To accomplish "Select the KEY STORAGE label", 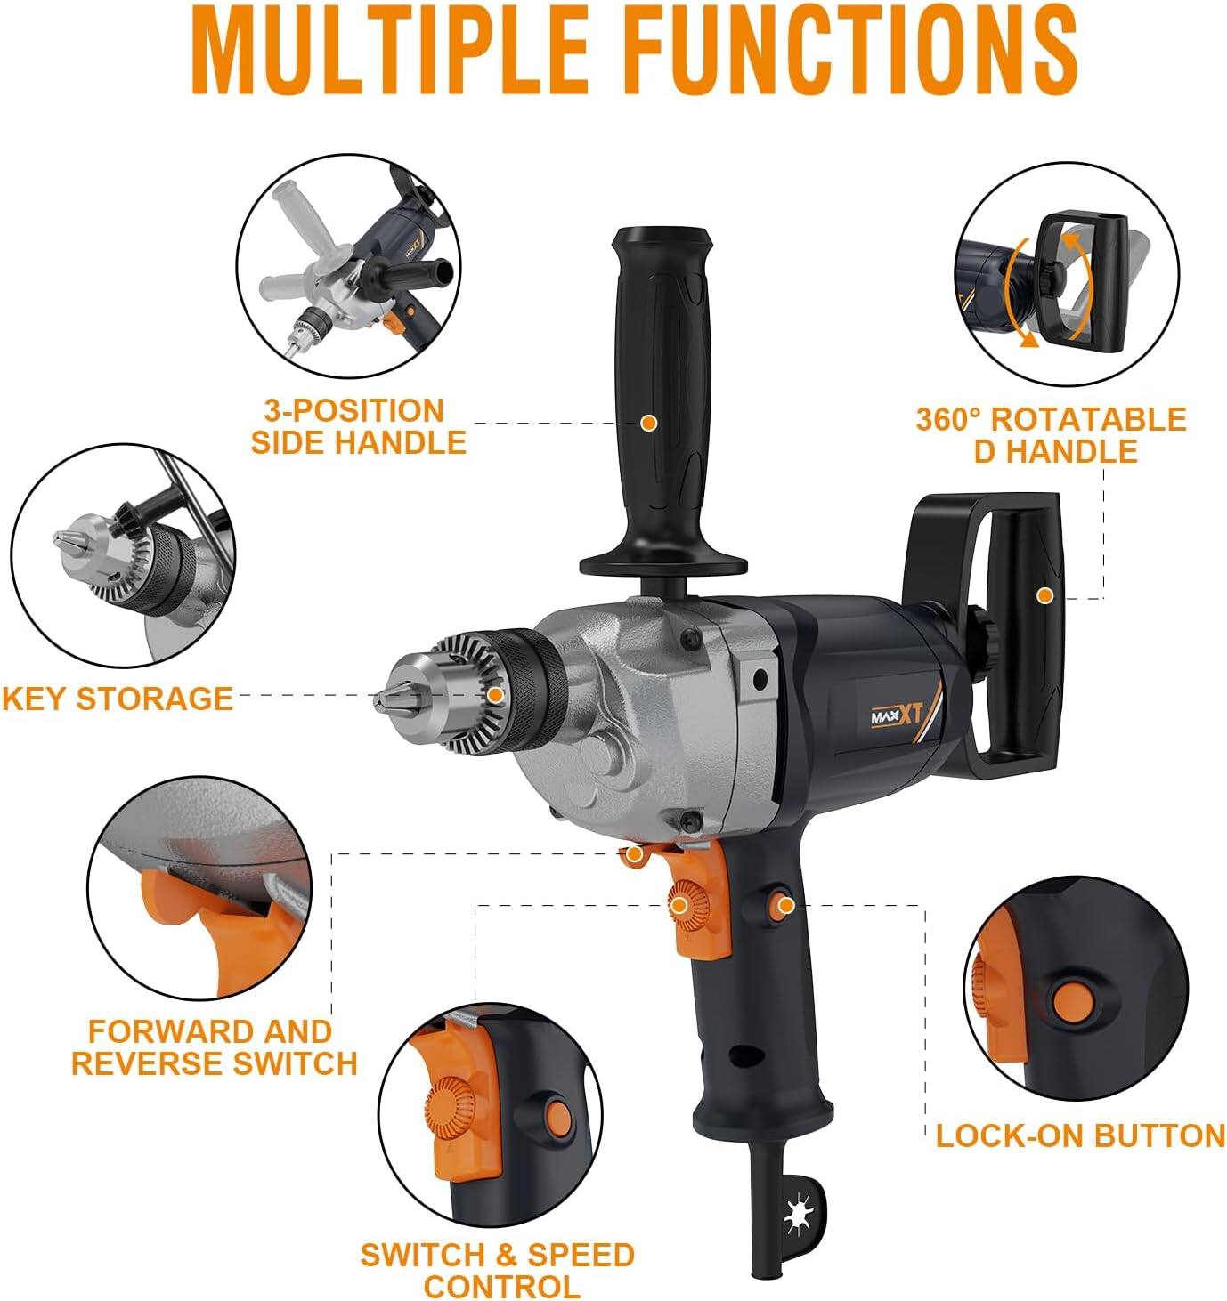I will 117,699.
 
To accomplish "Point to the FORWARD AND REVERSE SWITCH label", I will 214,1047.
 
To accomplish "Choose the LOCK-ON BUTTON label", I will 1080,1135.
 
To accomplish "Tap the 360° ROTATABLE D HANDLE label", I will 1052,434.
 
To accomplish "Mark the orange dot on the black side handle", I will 649,423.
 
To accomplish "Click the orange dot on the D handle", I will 1044,595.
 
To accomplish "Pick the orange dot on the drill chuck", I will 495,695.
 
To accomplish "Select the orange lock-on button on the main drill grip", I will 784,906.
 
